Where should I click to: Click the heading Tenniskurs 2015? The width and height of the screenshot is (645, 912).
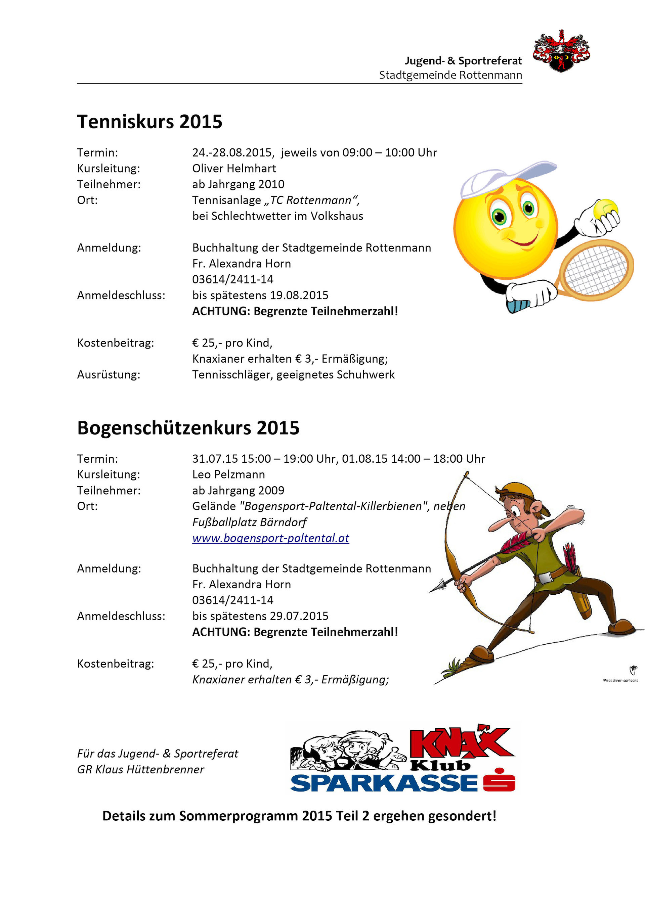coord(149,122)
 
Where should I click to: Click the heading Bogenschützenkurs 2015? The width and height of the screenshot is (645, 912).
coord(188,428)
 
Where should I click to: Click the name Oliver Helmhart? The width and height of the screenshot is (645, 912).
coord(234,169)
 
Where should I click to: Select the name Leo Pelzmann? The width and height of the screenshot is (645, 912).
coord(228,474)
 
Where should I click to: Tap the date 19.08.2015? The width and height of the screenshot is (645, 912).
coord(299,295)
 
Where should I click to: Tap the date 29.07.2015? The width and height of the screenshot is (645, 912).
coord(299,616)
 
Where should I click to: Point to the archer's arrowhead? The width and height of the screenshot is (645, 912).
coord(437,586)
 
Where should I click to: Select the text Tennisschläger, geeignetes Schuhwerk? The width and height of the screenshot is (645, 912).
coord(293,375)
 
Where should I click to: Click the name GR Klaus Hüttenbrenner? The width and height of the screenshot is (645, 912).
coord(140,769)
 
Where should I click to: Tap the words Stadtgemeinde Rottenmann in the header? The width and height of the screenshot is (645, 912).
coord(450,75)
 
